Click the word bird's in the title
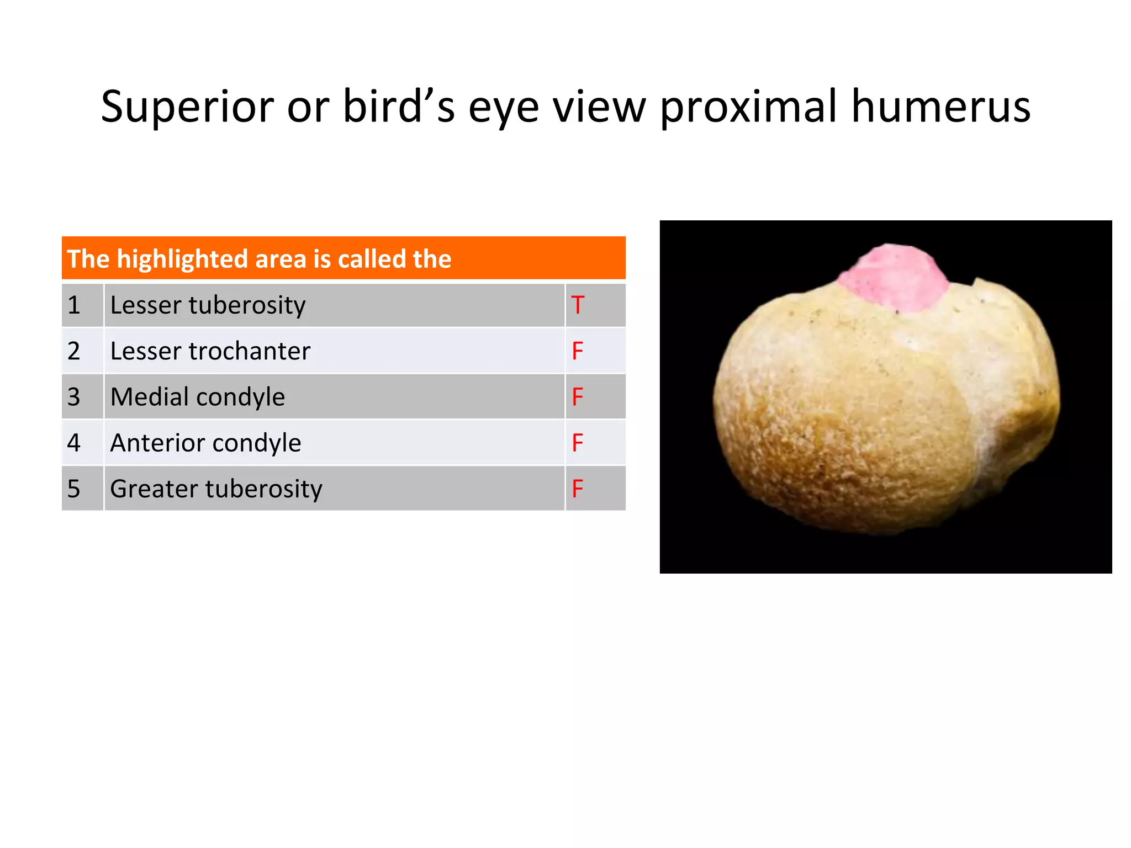click(399, 107)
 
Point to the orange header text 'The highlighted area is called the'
click(259, 259)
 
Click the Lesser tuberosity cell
click(208, 305)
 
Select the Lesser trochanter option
click(210, 351)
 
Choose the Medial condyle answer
click(197, 397)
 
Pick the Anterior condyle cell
click(205, 443)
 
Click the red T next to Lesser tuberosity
click(578, 305)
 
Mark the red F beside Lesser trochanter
click(578, 351)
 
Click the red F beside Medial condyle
click(578, 397)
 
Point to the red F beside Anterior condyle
click(578, 443)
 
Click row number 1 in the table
click(74, 305)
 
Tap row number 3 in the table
click(74, 397)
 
